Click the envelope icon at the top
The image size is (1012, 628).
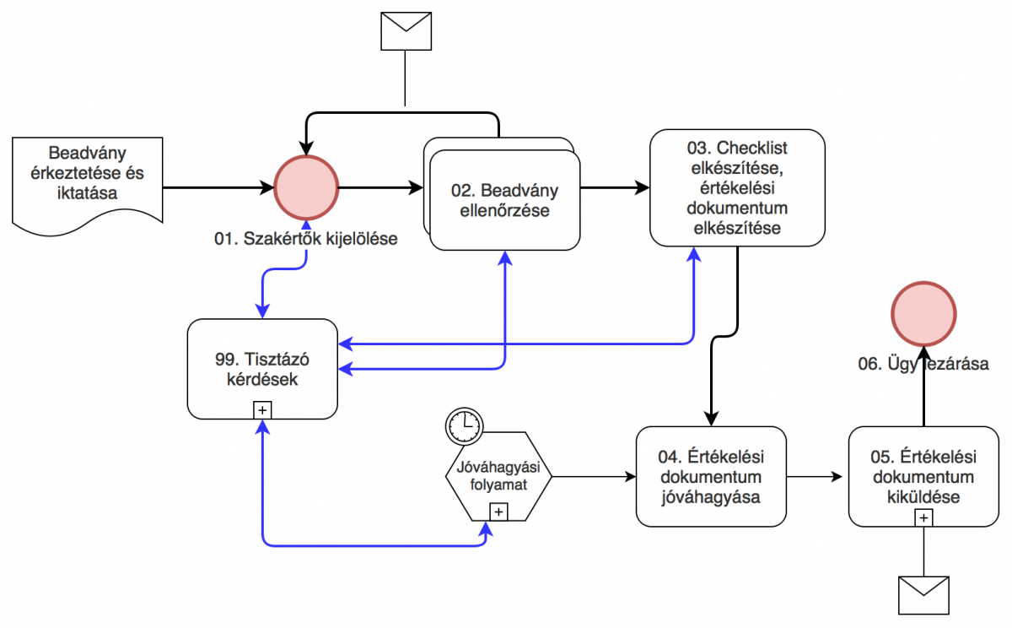(406, 33)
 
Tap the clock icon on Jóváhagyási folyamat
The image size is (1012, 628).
(463, 426)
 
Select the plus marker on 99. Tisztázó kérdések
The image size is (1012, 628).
(263, 410)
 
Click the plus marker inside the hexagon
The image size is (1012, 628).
(498, 512)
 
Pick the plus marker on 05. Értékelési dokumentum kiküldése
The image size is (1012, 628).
(924, 517)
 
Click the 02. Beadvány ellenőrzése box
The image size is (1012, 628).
(504, 202)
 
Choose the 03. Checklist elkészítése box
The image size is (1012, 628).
(737, 187)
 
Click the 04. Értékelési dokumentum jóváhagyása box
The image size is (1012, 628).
(710, 476)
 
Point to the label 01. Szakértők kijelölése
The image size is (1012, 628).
(305, 239)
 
